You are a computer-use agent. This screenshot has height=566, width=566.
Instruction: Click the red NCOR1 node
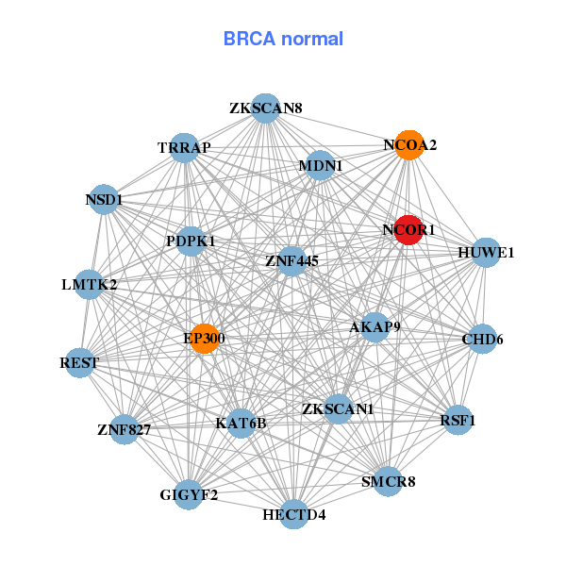click(408, 229)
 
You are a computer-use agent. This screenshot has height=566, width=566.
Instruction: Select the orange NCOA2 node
click(408, 145)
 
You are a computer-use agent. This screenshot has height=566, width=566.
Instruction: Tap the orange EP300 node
click(205, 338)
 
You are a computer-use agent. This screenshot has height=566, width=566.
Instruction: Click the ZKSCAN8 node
click(265, 108)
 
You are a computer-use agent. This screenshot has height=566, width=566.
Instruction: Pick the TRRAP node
click(185, 147)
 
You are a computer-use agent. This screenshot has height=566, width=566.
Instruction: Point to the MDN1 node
click(320, 166)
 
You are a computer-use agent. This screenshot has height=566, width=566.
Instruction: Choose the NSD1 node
click(104, 199)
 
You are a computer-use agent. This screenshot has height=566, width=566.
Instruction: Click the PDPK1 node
click(191, 241)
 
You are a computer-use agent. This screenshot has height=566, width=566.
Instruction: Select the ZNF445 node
click(291, 259)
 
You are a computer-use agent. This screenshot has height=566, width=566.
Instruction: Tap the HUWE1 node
click(485, 252)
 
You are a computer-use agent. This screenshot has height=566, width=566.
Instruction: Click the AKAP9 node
click(375, 327)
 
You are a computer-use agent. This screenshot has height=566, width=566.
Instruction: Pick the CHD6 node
click(482, 339)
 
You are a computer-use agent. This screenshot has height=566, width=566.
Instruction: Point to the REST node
click(79, 362)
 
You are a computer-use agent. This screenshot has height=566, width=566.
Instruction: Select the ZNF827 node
click(124, 430)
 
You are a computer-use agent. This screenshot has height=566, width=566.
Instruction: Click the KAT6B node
click(241, 423)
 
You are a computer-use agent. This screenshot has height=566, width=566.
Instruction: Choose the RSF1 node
click(458, 420)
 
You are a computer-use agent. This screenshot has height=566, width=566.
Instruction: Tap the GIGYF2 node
click(189, 494)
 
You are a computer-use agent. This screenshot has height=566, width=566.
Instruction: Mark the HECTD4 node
click(294, 514)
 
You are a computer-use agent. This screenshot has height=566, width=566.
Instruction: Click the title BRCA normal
click(283, 39)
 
